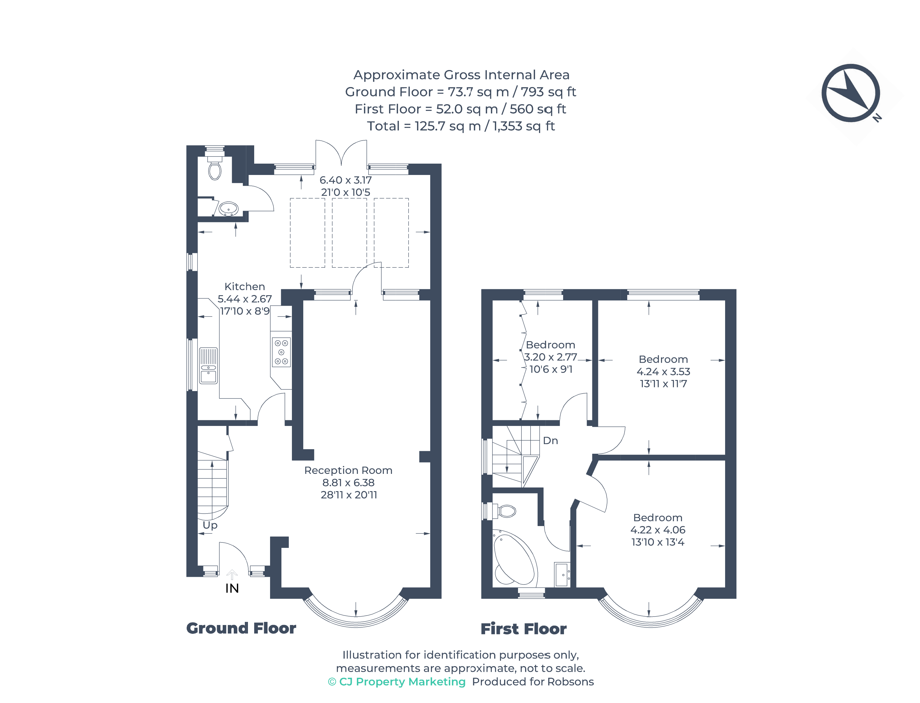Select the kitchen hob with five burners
point(281,352)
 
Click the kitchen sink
point(209,365)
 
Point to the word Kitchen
point(245,287)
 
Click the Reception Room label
point(348,470)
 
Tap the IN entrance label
point(232,588)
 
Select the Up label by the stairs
point(210,525)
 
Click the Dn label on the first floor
point(550,441)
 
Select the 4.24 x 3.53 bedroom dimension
point(664,371)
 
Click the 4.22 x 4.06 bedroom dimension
point(658,530)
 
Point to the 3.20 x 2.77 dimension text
point(550,357)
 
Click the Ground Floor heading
point(241,628)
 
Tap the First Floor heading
point(524,629)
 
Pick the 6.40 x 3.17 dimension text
point(346,180)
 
